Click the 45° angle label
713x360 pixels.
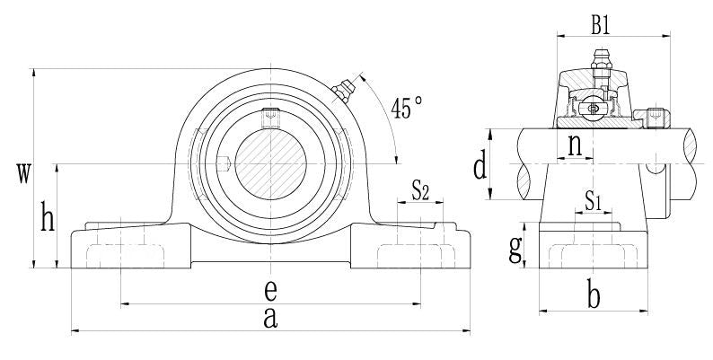point(406,108)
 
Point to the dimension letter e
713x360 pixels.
point(269,290)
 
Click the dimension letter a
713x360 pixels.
point(269,317)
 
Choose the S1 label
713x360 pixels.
point(593,201)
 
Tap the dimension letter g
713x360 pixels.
point(515,250)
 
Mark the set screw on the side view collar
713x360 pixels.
point(655,117)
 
